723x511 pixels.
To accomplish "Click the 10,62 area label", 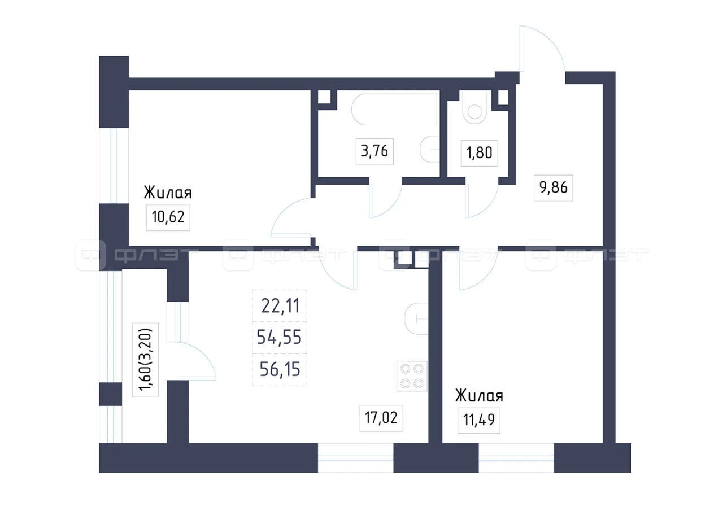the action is (x=168, y=217).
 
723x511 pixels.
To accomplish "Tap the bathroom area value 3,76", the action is (x=374, y=151).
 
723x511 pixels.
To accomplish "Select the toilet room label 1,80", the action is (x=480, y=152).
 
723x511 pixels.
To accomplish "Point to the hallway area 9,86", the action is (x=553, y=187).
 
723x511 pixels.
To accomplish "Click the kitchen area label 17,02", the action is (x=381, y=418).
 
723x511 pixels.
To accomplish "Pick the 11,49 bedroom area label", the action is (x=478, y=420).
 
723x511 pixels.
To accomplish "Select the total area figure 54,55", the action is (x=279, y=337).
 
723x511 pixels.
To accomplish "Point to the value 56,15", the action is (x=280, y=369).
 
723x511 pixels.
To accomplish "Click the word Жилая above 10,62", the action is (x=168, y=193).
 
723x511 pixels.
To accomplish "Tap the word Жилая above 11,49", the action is (x=480, y=395).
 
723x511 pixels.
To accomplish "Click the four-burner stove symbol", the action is (x=412, y=376).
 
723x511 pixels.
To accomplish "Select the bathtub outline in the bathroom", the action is (x=394, y=109).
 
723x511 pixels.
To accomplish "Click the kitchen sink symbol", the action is (x=417, y=318).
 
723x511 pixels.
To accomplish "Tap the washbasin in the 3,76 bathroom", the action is (x=430, y=149).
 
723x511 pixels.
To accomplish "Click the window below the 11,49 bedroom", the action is (x=516, y=458).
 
